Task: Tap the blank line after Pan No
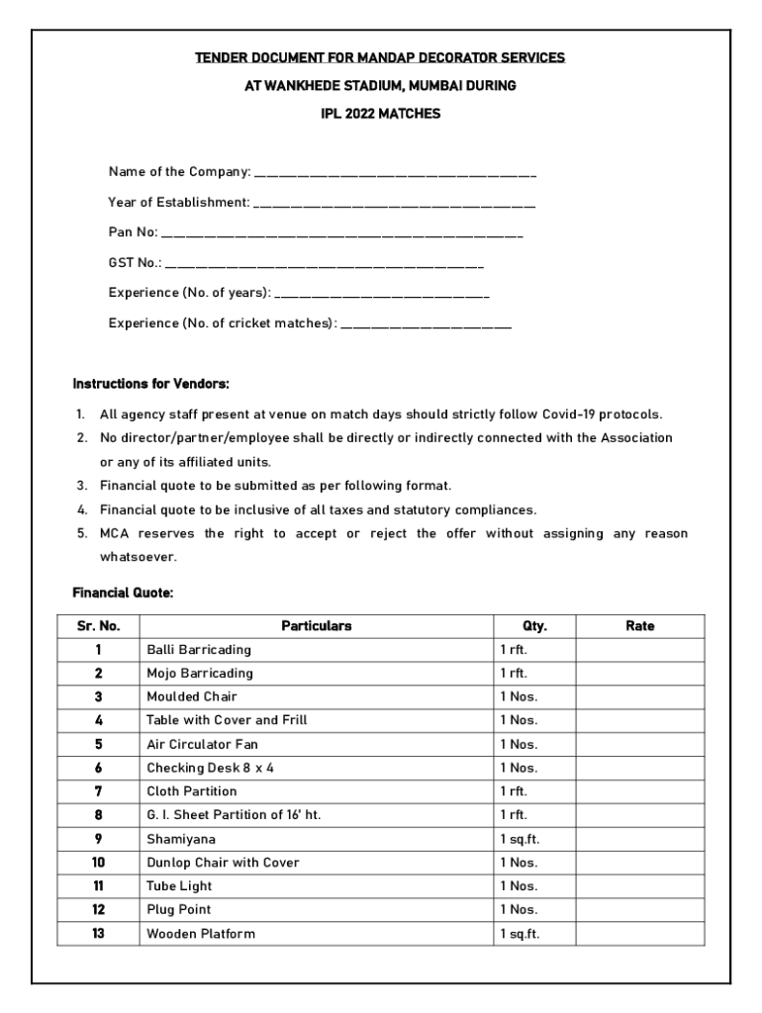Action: point(341,235)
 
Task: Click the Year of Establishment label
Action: point(178,203)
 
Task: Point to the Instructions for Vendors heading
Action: point(151,383)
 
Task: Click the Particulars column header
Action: point(316,626)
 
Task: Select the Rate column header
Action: point(639,626)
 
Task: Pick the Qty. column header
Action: point(534,626)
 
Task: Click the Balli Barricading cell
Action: point(199,650)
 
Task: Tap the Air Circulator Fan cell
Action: point(202,745)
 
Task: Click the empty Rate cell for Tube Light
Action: point(639,886)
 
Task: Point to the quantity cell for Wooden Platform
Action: point(520,934)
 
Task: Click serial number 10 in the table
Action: point(98,863)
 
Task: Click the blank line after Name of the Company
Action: point(395,174)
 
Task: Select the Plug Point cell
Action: point(179,910)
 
